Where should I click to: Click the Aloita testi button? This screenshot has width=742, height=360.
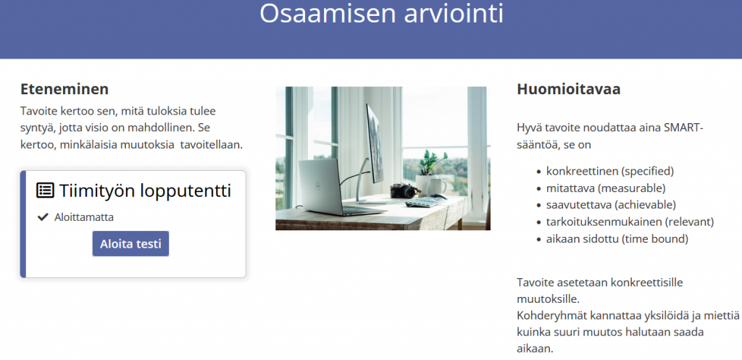point(130,243)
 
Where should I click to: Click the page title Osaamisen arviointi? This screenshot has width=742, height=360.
point(381,13)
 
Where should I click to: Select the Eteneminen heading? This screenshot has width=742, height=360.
point(64,89)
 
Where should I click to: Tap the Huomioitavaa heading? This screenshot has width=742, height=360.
point(568,89)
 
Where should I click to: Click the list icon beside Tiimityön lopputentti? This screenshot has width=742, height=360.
point(46,191)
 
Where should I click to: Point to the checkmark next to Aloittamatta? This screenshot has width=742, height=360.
point(43,217)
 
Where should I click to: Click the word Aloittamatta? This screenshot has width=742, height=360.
point(84,217)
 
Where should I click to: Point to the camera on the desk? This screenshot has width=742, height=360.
point(404,191)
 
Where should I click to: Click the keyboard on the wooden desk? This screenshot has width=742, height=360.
point(425,201)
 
